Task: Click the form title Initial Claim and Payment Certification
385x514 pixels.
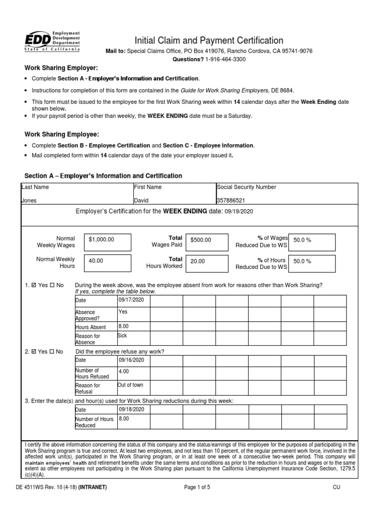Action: click(208, 41)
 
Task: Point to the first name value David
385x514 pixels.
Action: click(141, 200)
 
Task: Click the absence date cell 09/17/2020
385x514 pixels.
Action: click(131, 300)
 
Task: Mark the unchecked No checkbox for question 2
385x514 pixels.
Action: click(52, 352)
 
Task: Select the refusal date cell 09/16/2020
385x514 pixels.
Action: click(131, 360)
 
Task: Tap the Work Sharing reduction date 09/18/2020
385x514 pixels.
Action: click(131, 409)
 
